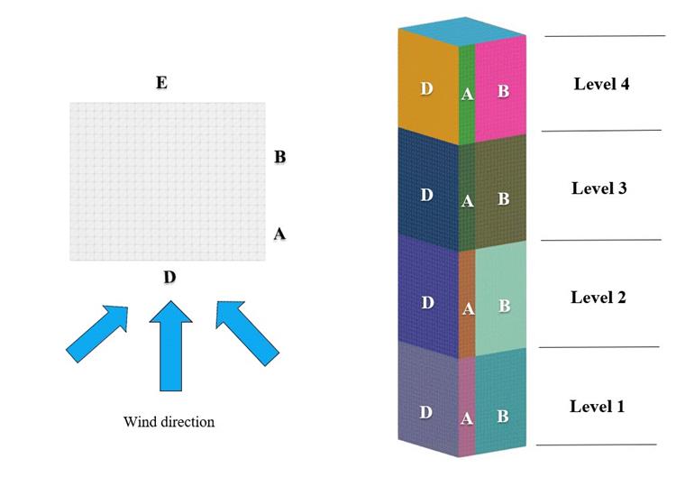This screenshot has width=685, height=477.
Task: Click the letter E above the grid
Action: [161, 83]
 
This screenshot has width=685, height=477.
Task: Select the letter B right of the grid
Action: [279, 157]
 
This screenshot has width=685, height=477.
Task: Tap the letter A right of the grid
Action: [279, 234]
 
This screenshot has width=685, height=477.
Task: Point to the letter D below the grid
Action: [169, 277]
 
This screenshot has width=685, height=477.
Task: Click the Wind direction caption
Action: [169, 421]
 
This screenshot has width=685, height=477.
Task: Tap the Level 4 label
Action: [601, 84]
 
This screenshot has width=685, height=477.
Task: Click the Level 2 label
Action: [598, 297]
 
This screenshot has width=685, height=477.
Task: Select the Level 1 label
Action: [597, 406]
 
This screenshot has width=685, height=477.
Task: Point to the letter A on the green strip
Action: [467, 92]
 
